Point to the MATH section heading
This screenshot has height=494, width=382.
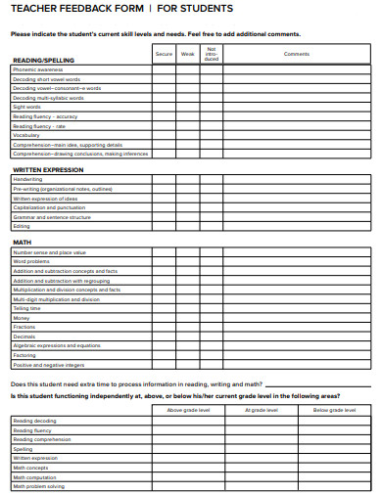22,242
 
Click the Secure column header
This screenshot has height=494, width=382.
164,54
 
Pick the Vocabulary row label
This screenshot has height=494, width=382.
26,135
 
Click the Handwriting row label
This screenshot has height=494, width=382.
27,180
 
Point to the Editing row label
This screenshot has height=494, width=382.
22,226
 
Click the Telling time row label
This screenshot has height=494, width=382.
27,308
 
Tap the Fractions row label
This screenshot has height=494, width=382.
24,327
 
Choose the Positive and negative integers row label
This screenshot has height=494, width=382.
48,364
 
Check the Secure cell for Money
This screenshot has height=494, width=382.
164,318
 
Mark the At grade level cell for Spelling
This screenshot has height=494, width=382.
261,449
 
